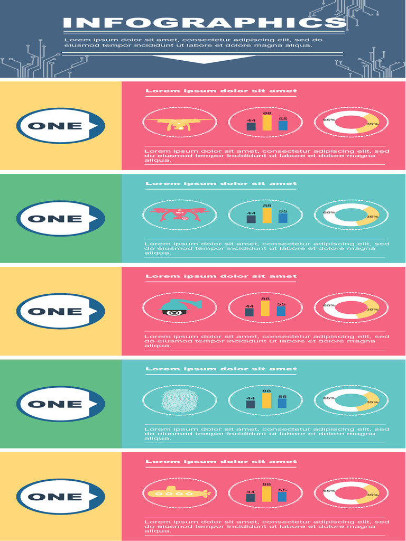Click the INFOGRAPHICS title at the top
204,23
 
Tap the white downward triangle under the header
204,59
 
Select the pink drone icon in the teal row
179,214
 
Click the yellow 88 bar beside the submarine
266,494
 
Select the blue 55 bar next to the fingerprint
283,403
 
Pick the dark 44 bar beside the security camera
250,312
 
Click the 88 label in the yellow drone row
267,113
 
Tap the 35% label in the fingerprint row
372,402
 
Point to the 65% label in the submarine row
329,491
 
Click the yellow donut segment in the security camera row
368,309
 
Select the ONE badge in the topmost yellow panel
60,126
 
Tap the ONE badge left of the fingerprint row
60,404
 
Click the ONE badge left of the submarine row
60,497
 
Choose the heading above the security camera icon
221,276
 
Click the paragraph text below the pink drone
264,248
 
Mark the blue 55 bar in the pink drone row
283,218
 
